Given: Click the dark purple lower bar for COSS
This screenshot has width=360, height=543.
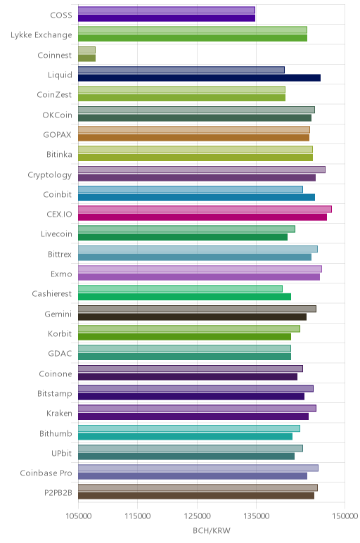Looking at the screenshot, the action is tap(167, 18).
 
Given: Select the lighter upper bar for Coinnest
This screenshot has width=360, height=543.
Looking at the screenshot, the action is tap(86, 50).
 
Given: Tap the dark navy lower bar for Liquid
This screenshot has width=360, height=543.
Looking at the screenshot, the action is tap(199, 78).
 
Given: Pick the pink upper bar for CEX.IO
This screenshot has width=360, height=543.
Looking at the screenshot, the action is tap(205, 209).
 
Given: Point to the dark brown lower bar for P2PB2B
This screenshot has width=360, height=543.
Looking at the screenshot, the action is tap(196, 496).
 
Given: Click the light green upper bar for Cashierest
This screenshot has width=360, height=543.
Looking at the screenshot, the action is tap(180, 289).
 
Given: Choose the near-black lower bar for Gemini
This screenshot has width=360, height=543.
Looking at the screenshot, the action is tap(192, 317).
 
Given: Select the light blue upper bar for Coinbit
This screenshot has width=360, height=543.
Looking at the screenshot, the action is tap(191, 189).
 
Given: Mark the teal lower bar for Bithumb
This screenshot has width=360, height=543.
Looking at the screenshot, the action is tap(185, 436).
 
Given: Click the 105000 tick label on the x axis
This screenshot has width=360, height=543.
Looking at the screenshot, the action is tap(79, 516).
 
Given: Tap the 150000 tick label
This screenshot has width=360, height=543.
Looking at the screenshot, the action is tap(345, 516).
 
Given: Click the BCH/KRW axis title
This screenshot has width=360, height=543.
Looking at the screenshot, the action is tap(212, 530).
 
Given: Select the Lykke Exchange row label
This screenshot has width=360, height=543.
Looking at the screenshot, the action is tap(41, 35).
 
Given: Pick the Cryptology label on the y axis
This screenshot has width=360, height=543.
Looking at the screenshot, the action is tap(50, 175).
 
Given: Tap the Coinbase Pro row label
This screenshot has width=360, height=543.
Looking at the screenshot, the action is tap(46, 473).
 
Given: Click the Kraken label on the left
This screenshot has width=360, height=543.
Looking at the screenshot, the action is tap(59, 413).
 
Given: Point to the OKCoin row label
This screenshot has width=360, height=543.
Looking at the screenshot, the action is tap(57, 115).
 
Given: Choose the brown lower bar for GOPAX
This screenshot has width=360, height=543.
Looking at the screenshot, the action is tap(193, 138).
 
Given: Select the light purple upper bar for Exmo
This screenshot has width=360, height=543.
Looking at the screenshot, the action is tap(200, 269).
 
